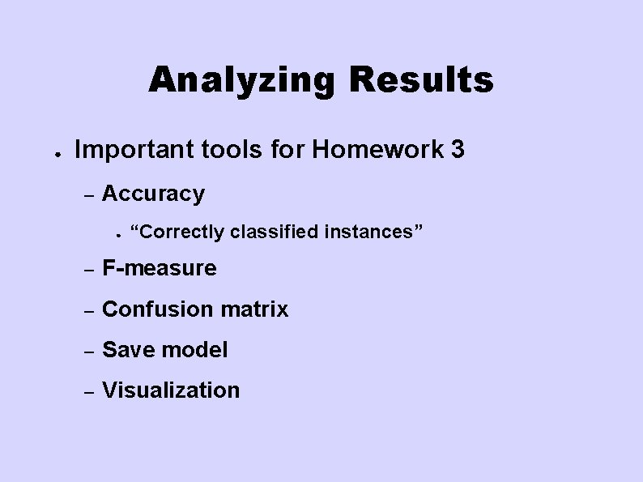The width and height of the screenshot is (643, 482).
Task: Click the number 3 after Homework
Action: tap(458, 149)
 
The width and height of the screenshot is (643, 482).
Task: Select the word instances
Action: tap(373, 232)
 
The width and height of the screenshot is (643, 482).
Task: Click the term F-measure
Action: tap(160, 268)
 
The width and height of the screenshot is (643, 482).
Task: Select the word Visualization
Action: tap(171, 390)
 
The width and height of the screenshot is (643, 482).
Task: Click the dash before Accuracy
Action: tap(91, 195)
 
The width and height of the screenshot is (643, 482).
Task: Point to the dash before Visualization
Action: tap(91, 391)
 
